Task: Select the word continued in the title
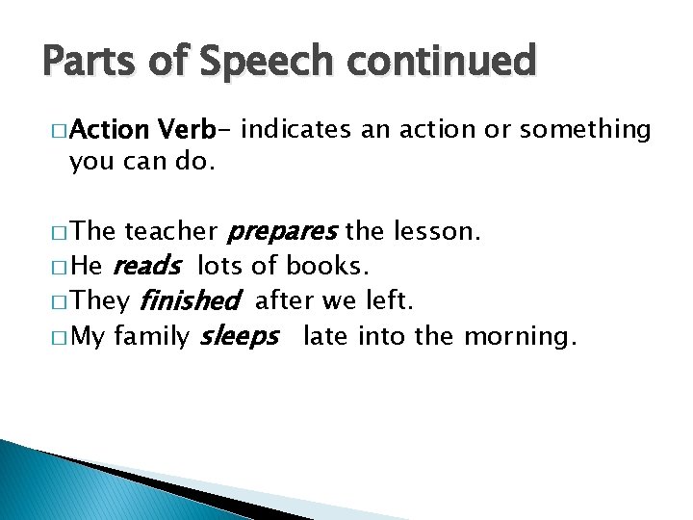448,61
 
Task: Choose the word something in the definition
587,129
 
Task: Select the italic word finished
189,302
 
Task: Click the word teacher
171,231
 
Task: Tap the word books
326,267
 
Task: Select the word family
151,337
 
